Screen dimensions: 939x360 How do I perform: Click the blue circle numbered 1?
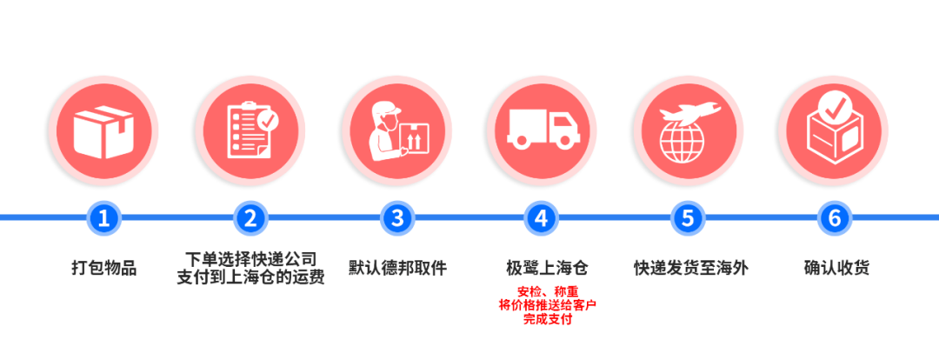click(104, 217)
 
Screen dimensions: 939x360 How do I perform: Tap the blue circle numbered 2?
click(250, 217)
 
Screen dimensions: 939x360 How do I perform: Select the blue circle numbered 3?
click(397, 217)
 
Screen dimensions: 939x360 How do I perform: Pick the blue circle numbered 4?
click(541, 217)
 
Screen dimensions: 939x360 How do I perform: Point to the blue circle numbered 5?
click(688, 217)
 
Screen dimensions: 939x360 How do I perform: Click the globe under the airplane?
click(683, 142)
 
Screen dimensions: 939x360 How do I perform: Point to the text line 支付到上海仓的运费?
click(250, 277)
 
